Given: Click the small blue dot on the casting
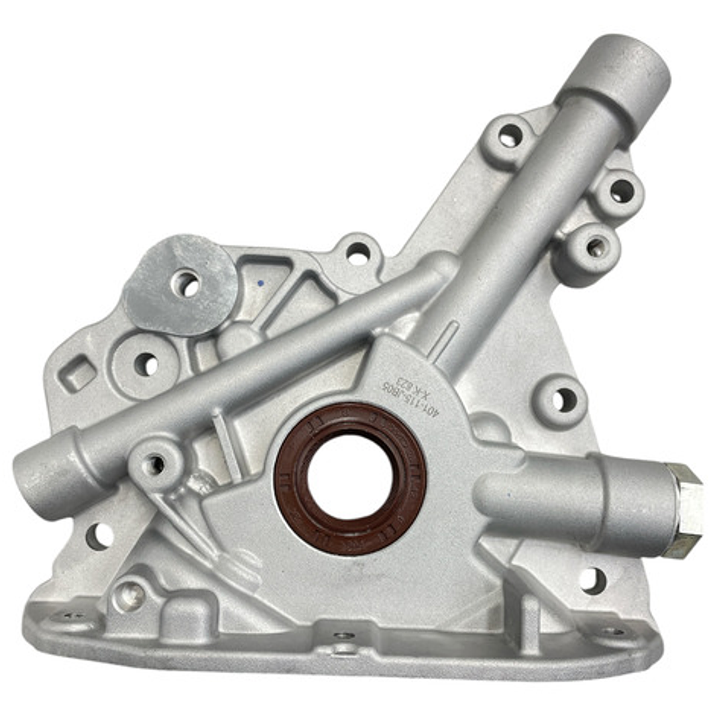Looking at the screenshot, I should tap(260, 283).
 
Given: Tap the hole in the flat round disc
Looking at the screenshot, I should tap(186, 284).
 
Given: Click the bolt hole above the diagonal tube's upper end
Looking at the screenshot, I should tap(358, 252).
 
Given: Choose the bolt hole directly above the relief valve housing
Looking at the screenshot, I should tap(564, 400).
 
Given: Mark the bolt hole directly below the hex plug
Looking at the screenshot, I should tap(592, 580).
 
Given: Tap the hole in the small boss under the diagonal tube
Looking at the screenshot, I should tap(155, 464).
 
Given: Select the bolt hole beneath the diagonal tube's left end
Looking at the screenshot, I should tap(99, 535).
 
